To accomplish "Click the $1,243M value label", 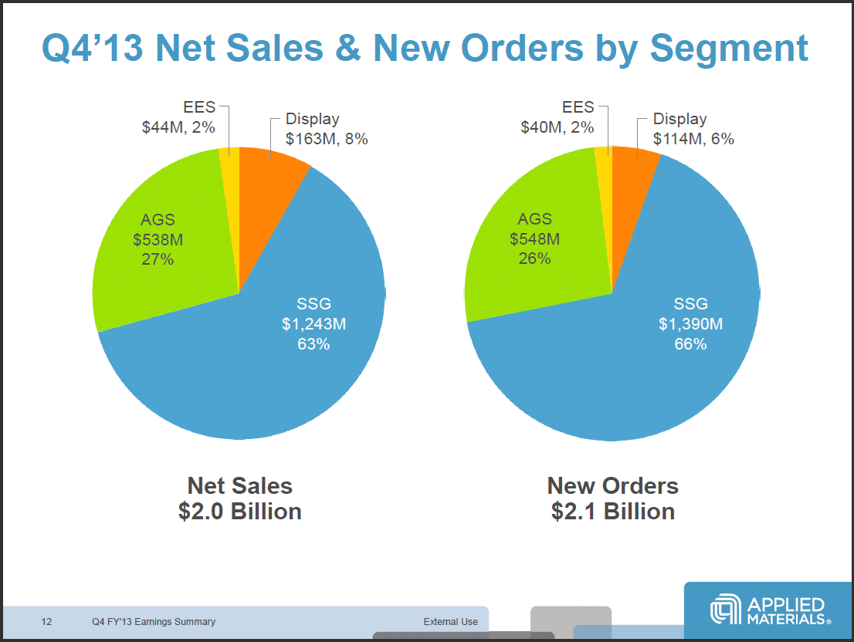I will click(x=313, y=323).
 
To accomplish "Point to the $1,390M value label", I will click(x=690, y=323).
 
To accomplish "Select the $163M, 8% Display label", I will click(x=327, y=139).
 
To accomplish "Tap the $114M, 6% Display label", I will click(x=693, y=139).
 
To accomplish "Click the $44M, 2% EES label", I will click(x=178, y=127).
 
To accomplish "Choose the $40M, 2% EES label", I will click(x=557, y=127).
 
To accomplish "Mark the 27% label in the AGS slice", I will click(x=157, y=259).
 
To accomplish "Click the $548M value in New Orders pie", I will click(x=534, y=238).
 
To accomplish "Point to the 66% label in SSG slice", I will click(x=690, y=344).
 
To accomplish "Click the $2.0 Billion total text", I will click(x=239, y=511).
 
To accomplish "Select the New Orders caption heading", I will click(x=612, y=485).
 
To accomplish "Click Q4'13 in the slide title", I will click(x=92, y=48).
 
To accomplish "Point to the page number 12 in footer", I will click(x=46, y=621).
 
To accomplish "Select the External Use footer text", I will click(x=450, y=621).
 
